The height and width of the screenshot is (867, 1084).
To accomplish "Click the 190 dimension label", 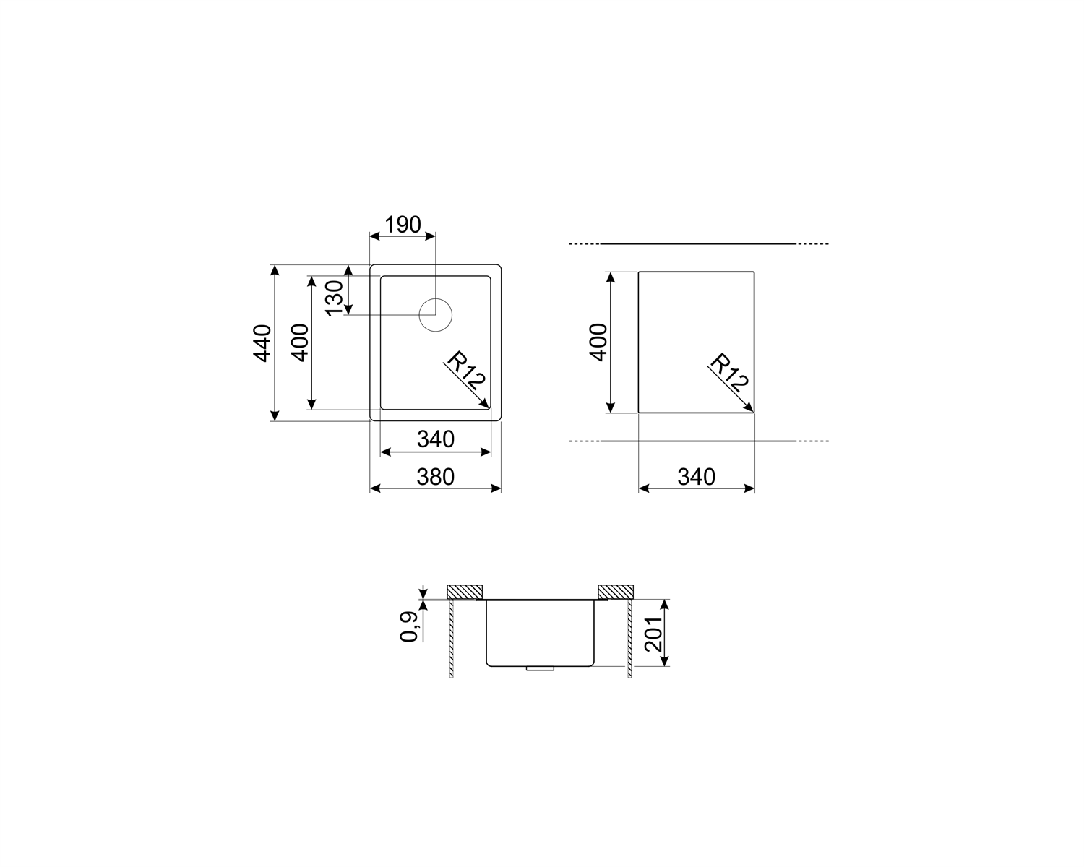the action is click(403, 225).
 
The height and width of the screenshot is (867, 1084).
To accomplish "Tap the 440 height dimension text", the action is click(262, 344).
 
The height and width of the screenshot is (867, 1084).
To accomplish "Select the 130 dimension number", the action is click(335, 298).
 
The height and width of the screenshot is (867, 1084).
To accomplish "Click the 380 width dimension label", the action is click(435, 477).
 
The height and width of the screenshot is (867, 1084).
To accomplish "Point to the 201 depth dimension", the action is click(653, 634).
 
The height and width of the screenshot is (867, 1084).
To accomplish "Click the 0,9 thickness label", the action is click(408, 627).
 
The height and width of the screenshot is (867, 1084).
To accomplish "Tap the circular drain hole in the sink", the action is click(435, 315).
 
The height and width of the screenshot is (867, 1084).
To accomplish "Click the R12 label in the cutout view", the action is click(728, 372).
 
